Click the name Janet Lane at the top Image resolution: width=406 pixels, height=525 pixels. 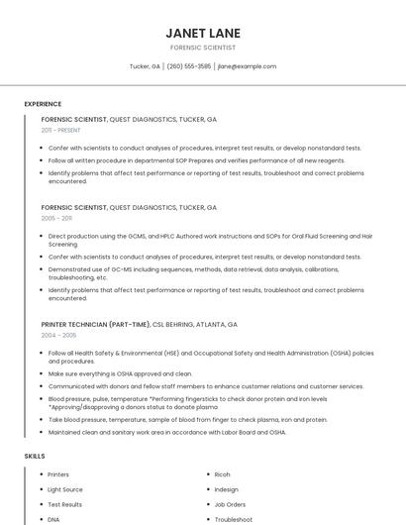click(203, 33)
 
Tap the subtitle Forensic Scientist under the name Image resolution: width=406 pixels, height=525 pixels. click(203, 48)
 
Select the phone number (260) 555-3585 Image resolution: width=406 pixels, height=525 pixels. click(189, 66)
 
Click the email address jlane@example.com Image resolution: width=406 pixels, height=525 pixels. click(247, 66)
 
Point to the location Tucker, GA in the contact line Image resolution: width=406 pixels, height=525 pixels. click(145, 66)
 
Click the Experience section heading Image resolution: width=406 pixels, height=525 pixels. click(43, 104)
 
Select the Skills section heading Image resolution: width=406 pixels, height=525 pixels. click(35, 456)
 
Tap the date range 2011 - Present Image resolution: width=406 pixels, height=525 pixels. click(60, 130)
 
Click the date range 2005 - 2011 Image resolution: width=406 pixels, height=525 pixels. click(56, 218)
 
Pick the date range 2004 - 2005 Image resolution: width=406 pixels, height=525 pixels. click(56, 335)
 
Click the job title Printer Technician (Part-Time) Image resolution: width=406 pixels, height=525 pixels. click(95, 324)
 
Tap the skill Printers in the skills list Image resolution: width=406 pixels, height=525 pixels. click(58, 474)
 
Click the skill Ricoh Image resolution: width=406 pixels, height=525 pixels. click(223, 474)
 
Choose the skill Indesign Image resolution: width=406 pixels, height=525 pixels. click(227, 489)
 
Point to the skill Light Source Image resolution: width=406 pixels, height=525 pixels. click(65, 489)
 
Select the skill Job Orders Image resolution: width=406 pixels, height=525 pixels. click(230, 504)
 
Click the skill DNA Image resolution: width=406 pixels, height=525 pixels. click(53, 519)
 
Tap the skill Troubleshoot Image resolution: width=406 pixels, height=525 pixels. click(234, 519)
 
